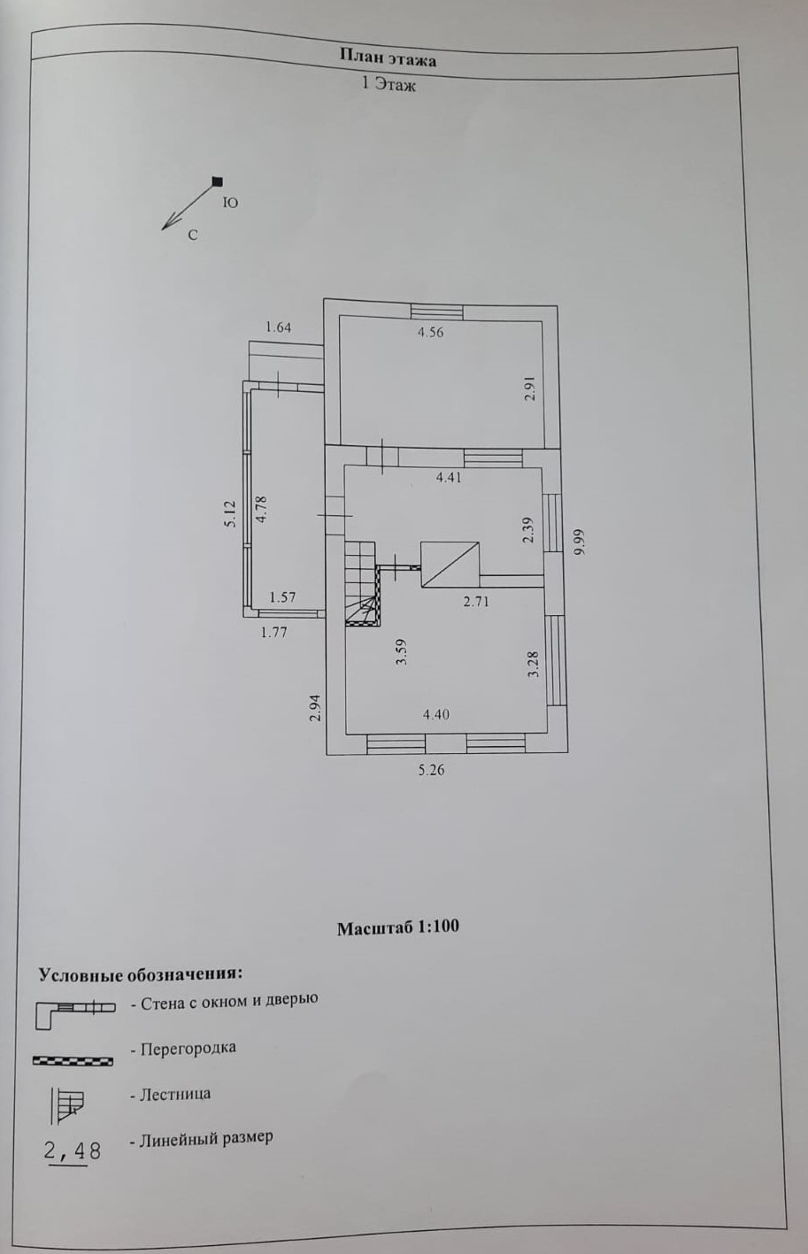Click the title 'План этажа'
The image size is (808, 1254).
[388, 58]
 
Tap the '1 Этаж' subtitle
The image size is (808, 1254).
[388, 85]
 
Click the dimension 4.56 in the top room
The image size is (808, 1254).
[430, 333]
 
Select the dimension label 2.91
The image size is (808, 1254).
[529, 389]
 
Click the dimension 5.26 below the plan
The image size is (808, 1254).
[431, 770]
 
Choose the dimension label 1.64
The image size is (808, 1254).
[278, 327]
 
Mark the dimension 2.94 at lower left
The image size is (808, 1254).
[314, 708]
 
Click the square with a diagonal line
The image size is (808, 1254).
[450, 565]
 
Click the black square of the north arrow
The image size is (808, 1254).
[217, 182]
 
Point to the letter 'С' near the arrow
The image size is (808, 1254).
[192, 235]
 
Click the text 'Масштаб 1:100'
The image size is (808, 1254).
[397, 927]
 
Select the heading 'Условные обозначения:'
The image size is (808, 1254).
[140, 974]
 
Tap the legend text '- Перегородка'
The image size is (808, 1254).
[182, 1048]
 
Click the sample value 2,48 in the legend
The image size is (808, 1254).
[73, 1150]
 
